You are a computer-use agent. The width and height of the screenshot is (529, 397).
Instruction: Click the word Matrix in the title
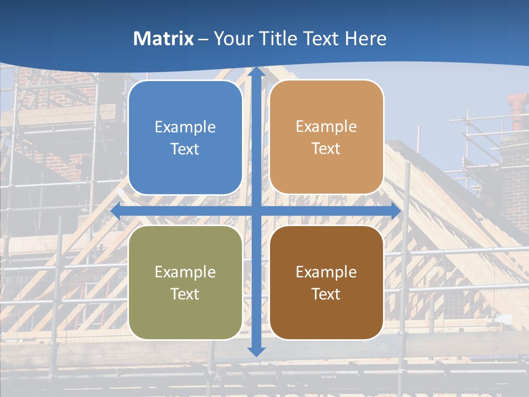click(x=164, y=39)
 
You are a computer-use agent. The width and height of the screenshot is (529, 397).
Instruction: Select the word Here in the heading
click(x=366, y=39)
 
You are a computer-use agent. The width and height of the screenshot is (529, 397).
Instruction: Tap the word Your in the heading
click(x=230, y=39)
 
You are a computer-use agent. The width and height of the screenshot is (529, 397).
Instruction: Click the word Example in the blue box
click(x=185, y=127)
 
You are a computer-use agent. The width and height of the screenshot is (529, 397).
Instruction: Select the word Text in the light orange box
click(x=326, y=149)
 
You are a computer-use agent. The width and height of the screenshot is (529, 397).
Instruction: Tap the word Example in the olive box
click(x=185, y=272)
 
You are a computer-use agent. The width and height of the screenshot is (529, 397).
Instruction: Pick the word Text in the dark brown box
click(x=326, y=294)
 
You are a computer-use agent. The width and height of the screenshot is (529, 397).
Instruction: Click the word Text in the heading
click(x=319, y=39)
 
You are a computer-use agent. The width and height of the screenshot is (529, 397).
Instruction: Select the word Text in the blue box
click(x=185, y=149)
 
